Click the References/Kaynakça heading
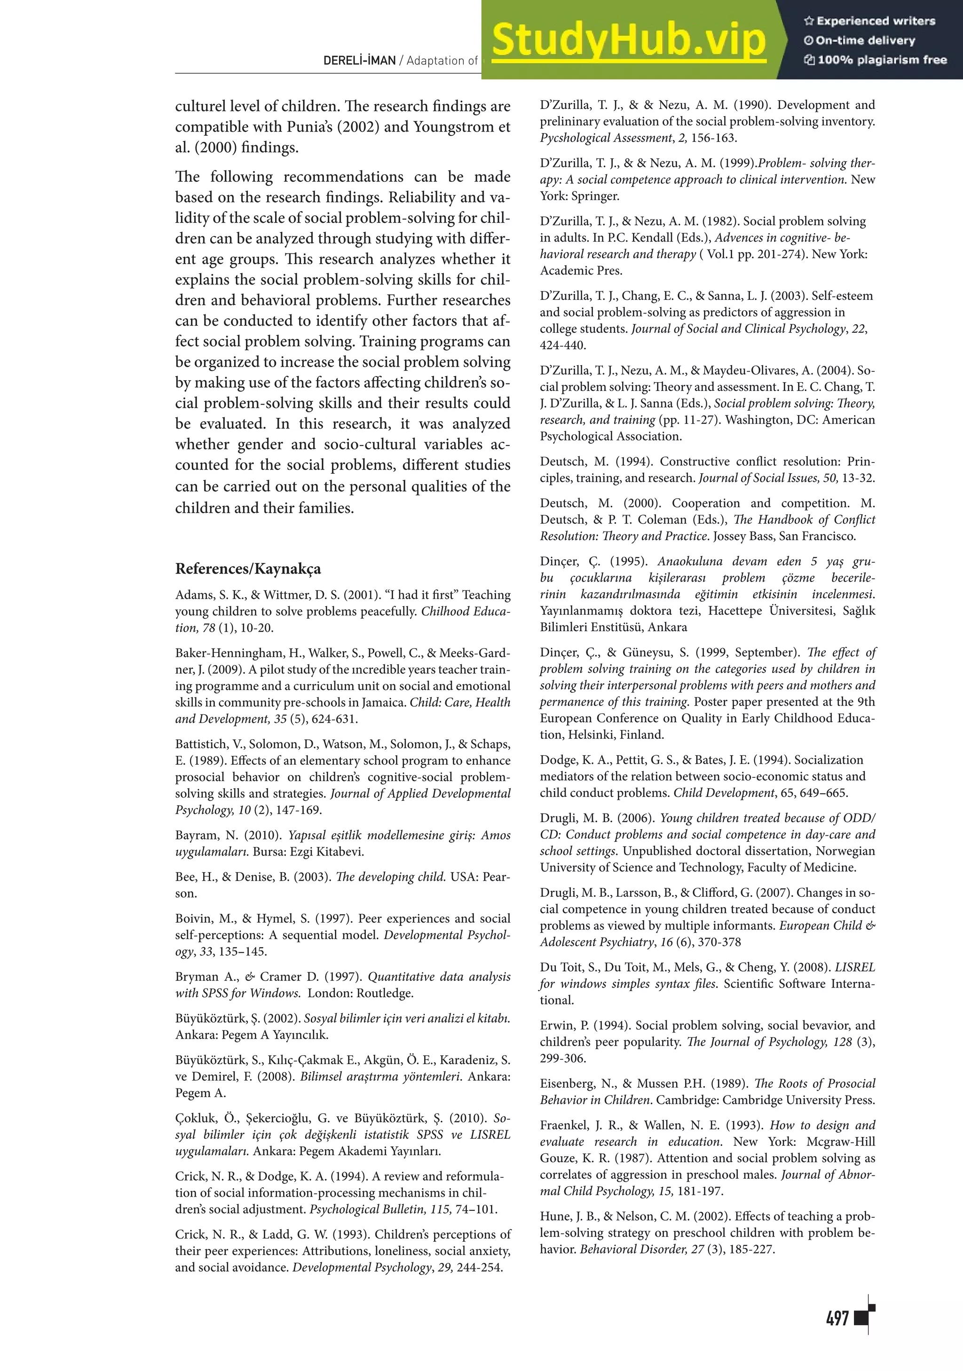(x=248, y=568)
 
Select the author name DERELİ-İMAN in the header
(x=359, y=60)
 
